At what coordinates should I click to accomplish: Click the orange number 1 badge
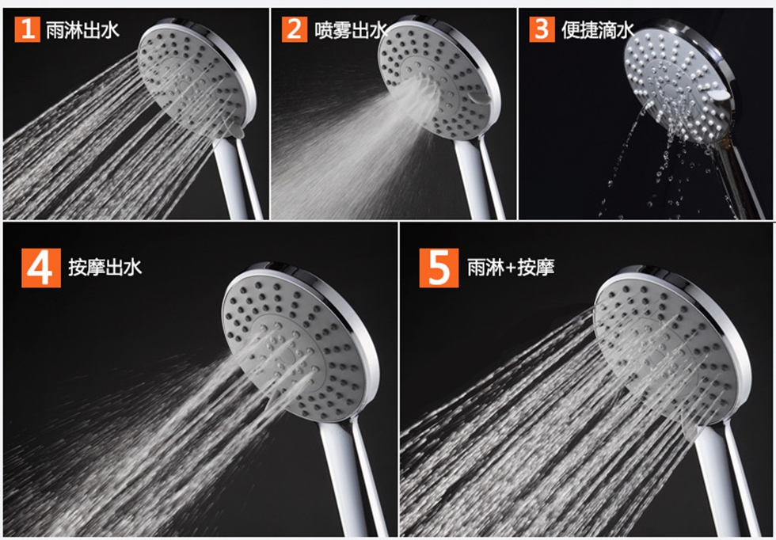click(x=27, y=29)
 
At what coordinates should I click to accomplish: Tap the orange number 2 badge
click(x=295, y=29)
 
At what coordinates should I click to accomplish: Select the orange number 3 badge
click(x=542, y=29)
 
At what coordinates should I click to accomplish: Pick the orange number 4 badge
click(x=41, y=268)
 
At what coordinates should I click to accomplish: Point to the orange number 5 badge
click(x=439, y=268)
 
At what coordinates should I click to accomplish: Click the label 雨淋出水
click(x=82, y=30)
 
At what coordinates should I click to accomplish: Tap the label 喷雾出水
click(x=351, y=30)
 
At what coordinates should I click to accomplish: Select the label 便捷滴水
click(x=598, y=30)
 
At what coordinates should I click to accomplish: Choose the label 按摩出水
click(x=105, y=268)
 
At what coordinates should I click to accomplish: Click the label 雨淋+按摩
click(x=511, y=268)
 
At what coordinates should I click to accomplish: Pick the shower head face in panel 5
click(x=666, y=349)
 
